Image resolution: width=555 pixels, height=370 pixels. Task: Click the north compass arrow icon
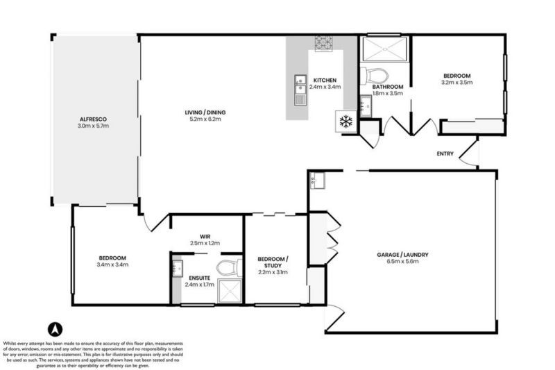[53, 329]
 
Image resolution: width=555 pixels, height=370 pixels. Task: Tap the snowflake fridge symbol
[345, 121]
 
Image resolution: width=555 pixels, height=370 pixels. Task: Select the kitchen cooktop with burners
[324, 43]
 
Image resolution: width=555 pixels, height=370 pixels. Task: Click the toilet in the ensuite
[229, 267]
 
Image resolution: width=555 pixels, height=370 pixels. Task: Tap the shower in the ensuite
[229, 291]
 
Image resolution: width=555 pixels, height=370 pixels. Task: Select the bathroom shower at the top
[384, 49]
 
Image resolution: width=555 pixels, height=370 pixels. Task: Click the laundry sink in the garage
[318, 180]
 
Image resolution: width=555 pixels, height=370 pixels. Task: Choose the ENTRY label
[445, 154]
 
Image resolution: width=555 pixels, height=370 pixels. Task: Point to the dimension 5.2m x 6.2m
[205, 119]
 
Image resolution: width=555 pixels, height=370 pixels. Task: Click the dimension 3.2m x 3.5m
[456, 83]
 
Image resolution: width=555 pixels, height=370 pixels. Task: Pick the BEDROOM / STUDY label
[273, 262]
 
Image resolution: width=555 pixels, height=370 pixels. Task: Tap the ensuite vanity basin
[176, 269]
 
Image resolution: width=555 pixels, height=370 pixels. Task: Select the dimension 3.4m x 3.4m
[112, 264]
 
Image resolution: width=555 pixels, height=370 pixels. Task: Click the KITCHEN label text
[325, 79]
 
